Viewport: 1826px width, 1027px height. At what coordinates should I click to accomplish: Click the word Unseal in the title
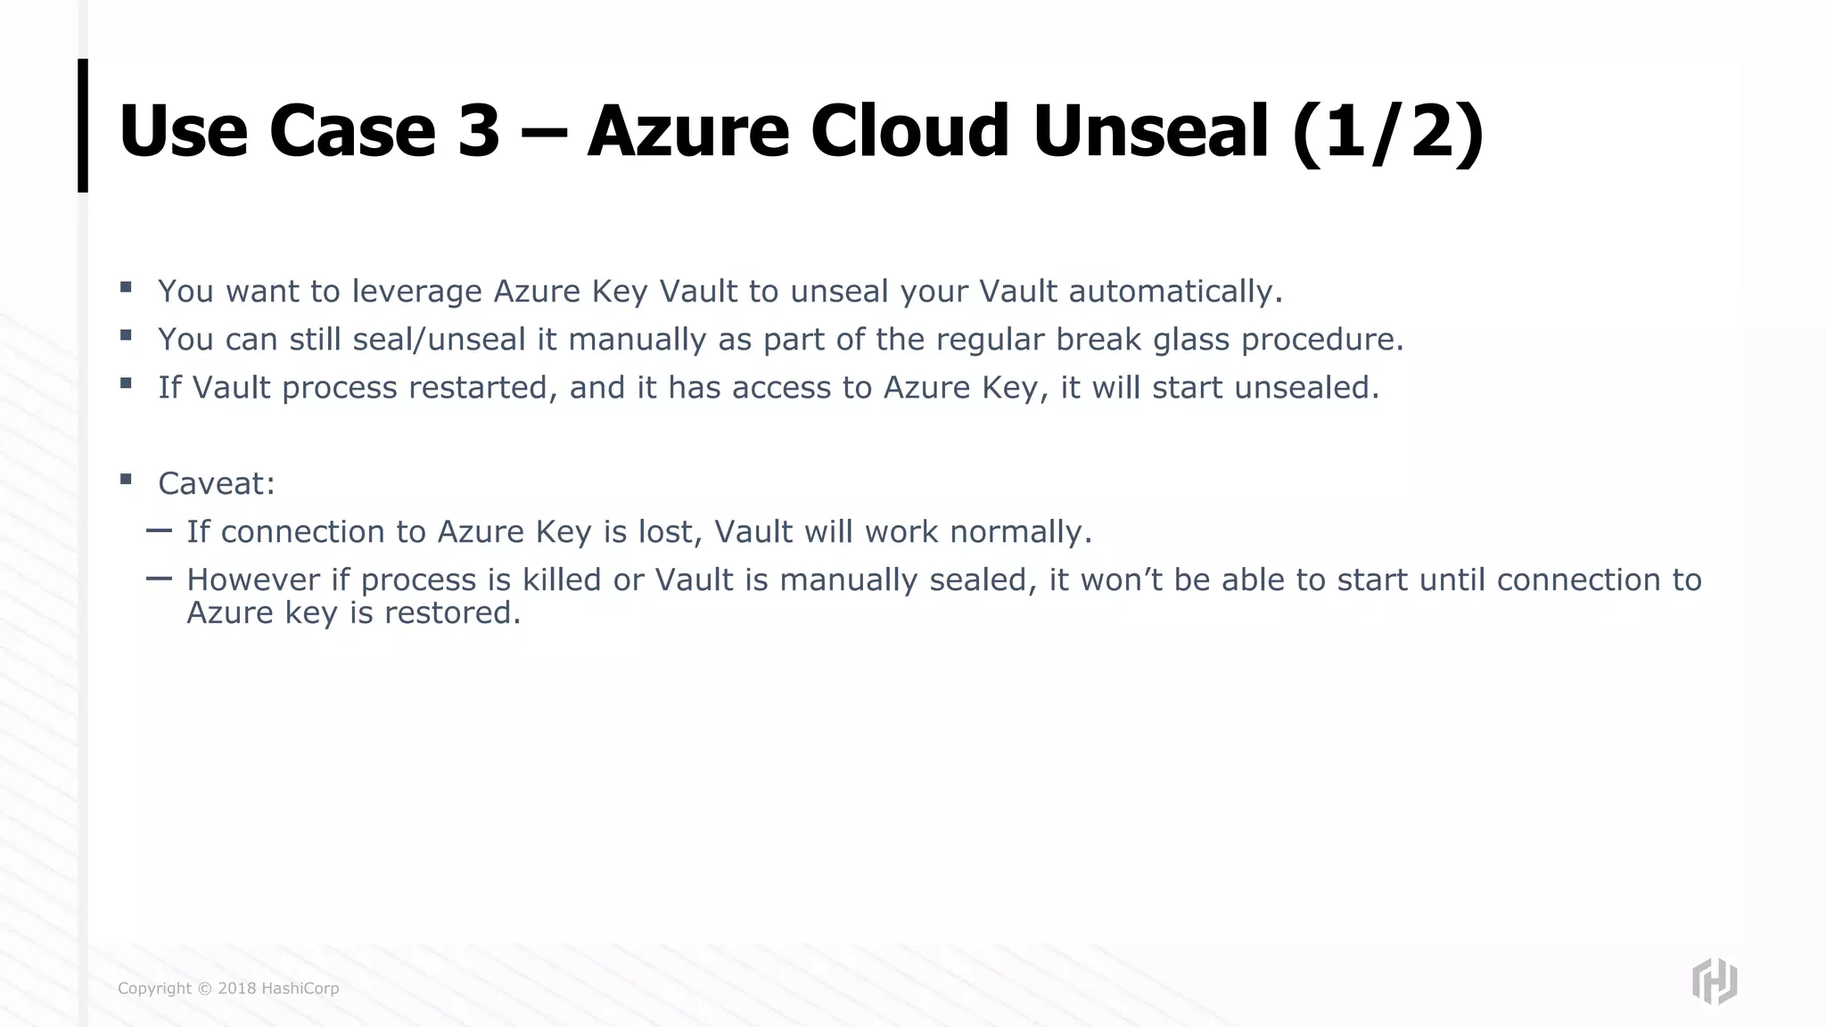pos(1149,131)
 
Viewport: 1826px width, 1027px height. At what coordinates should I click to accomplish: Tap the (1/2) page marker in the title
pos(1386,131)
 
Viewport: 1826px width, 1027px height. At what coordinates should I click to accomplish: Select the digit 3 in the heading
pos(479,131)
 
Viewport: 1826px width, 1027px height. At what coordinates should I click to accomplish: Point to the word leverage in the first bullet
pos(416,292)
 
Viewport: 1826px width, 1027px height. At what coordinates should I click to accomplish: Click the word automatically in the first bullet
pos(1174,292)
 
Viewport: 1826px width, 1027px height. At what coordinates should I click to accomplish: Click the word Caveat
pos(216,484)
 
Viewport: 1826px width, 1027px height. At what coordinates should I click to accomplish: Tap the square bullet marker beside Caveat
pos(126,480)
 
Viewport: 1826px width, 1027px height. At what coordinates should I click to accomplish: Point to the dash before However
pos(159,579)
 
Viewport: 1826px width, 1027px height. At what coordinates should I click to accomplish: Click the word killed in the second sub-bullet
pos(562,580)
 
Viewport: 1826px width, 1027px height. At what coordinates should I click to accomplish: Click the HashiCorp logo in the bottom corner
pos(1714,982)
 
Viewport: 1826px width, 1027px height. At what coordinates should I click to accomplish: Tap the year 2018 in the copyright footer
pos(237,989)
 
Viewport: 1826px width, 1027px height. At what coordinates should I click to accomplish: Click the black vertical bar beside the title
pos(83,126)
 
